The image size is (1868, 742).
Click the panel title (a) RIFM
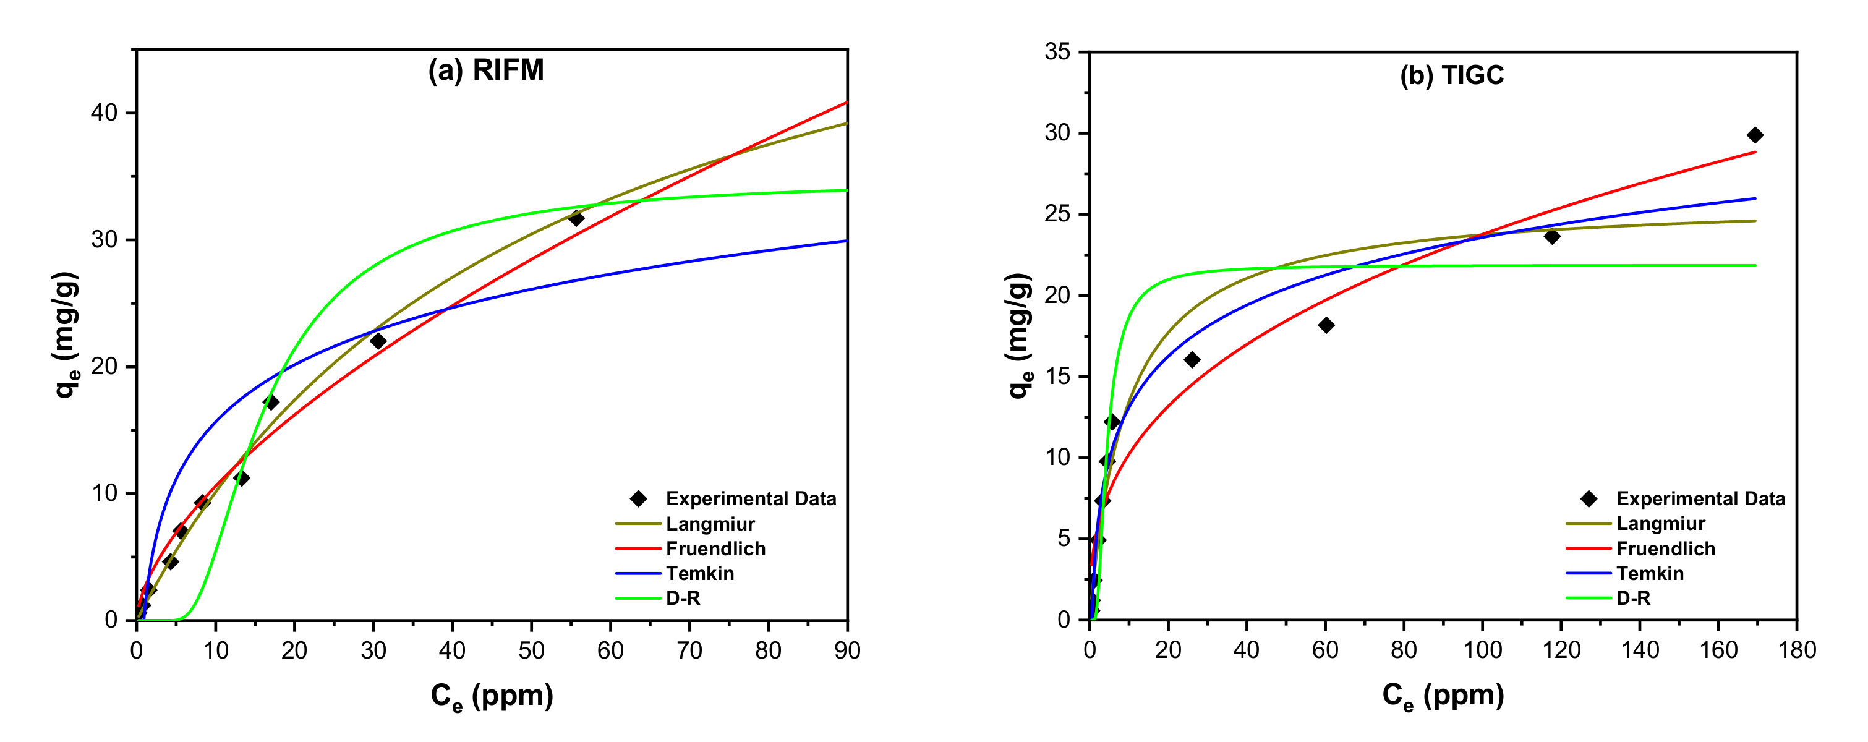pos(486,70)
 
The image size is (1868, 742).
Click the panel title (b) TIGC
pos(1452,75)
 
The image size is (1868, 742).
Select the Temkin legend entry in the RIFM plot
pos(699,573)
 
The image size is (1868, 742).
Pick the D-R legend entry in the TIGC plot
pos(1633,598)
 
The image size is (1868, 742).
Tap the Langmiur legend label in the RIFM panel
pos(710,524)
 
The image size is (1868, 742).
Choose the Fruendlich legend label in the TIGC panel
pos(1666,548)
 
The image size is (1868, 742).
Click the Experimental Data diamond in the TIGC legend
pos(1588,498)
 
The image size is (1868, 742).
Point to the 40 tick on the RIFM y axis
pos(104,113)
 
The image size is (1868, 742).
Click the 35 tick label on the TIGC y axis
pos(1057,51)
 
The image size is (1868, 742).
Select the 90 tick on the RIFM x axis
pos(847,650)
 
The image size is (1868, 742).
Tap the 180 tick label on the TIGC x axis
pos(1797,650)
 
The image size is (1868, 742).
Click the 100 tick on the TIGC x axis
pos(1482,650)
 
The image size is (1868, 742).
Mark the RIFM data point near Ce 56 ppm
pos(576,218)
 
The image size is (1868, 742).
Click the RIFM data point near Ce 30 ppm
pos(378,341)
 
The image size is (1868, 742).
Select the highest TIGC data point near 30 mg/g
pos(1755,135)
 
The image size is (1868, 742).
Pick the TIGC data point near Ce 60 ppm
pos(1326,325)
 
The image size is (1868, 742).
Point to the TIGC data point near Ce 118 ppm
pos(1552,236)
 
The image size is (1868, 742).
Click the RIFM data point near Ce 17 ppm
pos(271,402)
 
